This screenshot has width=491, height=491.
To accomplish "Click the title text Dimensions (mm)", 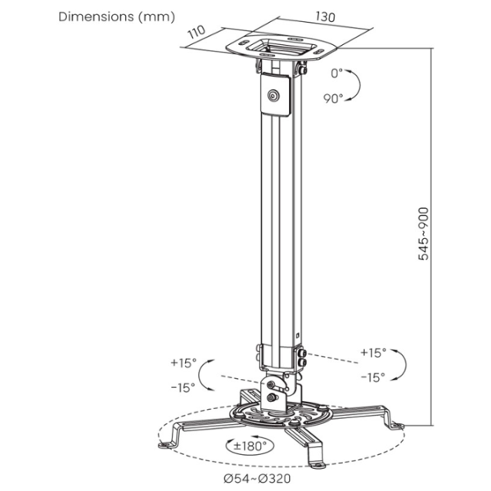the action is tap(116, 17).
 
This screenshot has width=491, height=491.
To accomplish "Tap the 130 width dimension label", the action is tap(325, 16).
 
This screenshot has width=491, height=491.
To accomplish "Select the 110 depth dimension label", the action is tap(196, 32).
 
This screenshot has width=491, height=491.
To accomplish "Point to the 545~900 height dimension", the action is tap(423, 233).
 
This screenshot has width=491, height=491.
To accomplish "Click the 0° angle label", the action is tap(336, 74).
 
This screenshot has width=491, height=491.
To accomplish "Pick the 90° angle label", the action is tap(333, 99).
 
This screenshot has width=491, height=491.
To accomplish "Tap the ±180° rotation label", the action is tap(250, 446).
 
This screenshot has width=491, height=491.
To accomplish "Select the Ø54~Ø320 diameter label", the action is tap(257, 478).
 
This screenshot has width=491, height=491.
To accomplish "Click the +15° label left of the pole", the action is tap(183, 363).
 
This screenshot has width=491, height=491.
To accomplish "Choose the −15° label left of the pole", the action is tap(183, 388).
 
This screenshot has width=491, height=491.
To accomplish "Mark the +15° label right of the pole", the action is tap(373, 353).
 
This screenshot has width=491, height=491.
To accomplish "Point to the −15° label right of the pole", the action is tap(373, 377).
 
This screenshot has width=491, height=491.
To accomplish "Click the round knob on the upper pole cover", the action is tap(273, 96).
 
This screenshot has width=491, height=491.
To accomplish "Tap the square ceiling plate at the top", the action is tap(281, 48).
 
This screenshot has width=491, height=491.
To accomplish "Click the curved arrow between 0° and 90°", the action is tap(354, 85).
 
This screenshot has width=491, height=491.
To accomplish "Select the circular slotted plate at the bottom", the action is tap(279, 415).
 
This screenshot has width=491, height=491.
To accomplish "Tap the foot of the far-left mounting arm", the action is tap(164, 444).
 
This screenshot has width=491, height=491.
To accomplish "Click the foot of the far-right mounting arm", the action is tap(398, 426).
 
